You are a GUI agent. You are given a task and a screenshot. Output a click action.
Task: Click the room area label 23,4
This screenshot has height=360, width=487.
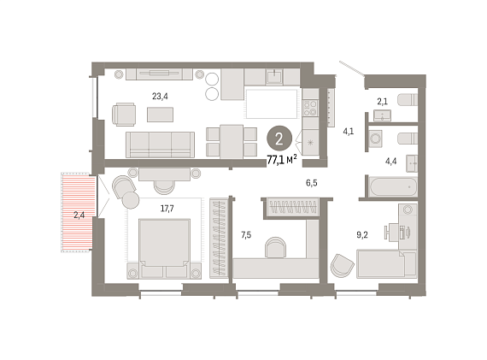click(x=160, y=97)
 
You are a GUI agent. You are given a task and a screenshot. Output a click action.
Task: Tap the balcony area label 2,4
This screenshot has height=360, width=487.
click(x=79, y=215)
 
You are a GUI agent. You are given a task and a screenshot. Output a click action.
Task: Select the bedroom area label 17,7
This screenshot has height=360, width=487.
click(x=167, y=209)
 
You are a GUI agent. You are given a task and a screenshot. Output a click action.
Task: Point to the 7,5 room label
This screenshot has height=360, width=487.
click(x=246, y=235)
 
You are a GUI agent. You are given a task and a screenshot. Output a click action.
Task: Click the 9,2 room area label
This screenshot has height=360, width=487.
click(x=362, y=235)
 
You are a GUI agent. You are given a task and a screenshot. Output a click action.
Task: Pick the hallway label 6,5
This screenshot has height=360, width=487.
click(x=312, y=183)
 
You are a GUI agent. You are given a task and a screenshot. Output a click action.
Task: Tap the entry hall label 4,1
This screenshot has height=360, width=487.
click(x=349, y=132)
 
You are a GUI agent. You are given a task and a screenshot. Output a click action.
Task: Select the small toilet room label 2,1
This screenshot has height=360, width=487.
click(x=382, y=102)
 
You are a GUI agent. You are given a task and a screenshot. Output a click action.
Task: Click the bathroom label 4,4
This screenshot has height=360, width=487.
click(x=390, y=161)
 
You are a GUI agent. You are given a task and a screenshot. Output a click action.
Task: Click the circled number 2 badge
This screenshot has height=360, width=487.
click(x=279, y=139)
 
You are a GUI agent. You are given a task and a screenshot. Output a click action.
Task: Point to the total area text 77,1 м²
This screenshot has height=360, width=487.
click(x=282, y=160)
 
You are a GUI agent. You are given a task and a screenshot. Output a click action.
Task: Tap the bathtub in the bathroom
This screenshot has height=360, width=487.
click(x=393, y=186)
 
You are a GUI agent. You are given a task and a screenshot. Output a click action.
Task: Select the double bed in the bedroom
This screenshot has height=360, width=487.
click(x=164, y=243)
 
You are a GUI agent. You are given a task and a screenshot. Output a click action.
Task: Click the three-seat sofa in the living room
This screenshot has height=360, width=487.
click(x=160, y=145)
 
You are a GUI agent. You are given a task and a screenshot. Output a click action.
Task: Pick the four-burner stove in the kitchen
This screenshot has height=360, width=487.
click(x=310, y=108)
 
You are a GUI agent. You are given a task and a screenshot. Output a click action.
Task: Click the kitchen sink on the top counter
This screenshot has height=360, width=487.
click(x=274, y=76)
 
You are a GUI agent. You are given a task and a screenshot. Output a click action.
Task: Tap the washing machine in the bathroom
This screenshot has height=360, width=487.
click(x=376, y=139)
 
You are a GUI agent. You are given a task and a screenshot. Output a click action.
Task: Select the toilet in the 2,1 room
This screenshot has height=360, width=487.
click(x=408, y=100)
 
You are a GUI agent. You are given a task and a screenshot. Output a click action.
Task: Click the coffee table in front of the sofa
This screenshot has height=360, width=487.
click(x=160, y=115)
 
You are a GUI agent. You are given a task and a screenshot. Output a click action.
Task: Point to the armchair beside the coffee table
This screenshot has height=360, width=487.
click(x=124, y=115)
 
